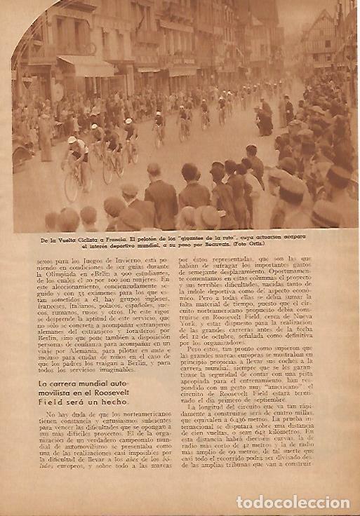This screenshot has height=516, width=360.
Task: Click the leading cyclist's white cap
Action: (x=72, y=140)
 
